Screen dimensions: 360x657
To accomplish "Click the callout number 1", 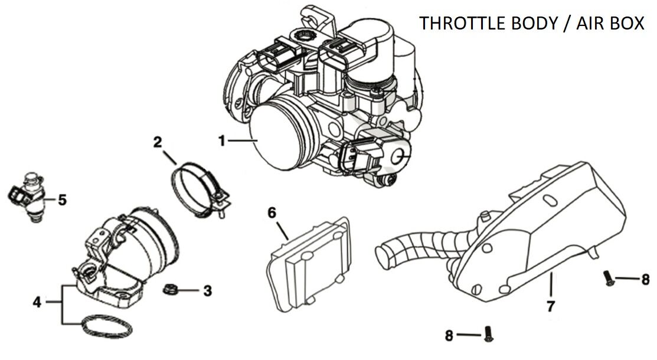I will click(221, 140).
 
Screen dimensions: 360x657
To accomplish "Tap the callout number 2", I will click(157, 142).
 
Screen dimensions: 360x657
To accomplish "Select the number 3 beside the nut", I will click(207, 290).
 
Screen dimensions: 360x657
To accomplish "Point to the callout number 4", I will click(37, 302).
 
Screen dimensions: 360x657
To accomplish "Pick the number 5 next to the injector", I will click(62, 200).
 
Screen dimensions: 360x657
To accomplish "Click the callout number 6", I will click(272, 212).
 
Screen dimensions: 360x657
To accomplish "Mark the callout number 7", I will click(550, 306).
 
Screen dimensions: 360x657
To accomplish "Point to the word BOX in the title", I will click(629, 24).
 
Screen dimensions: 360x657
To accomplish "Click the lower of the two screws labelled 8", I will click(488, 335).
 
